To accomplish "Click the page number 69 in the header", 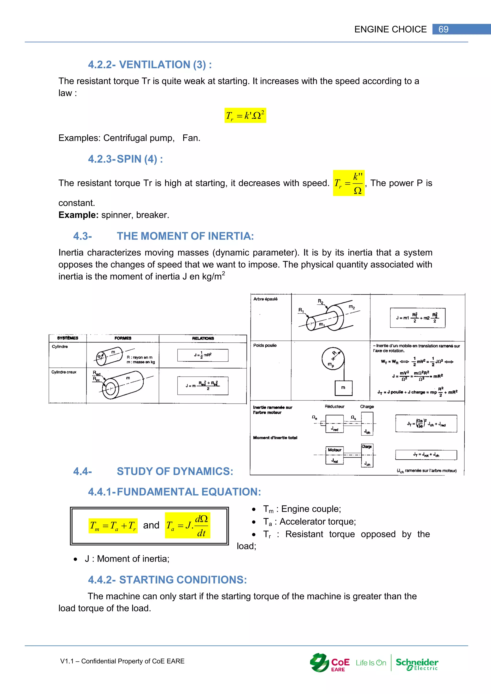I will pyautogui.click(x=443, y=29).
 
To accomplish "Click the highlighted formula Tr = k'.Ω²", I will pyautogui.click(x=245, y=116).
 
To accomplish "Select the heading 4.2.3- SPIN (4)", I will pyautogui.click(x=125, y=159).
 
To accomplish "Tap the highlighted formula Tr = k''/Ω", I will pyautogui.click(x=349, y=183).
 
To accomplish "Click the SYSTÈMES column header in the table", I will pyautogui.click(x=68, y=338).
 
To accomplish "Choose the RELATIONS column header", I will pyautogui.click(x=203, y=338).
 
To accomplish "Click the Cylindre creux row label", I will pyautogui.click(x=64, y=372).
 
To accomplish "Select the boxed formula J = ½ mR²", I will pyautogui.click(x=203, y=355).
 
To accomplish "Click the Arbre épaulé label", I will pyautogui.click(x=265, y=299).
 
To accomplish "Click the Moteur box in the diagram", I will pyautogui.click(x=335, y=450).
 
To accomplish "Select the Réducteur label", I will pyautogui.click(x=334, y=406).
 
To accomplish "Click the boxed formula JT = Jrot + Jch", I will pyautogui.click(x=426, y=455).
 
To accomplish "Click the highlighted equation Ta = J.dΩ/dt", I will pyautogui.click(x=187, y=525).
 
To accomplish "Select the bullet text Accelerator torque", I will pyautogui.click(x=317, y=522).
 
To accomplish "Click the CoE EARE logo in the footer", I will pyautogui.click(x=330, y=663).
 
